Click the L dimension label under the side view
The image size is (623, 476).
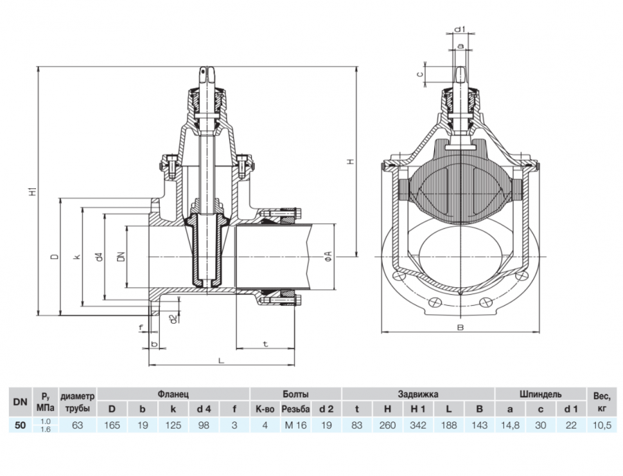pos(222,361)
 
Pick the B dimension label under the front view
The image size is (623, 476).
pos(461,328)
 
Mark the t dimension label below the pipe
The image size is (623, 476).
pos(265,344)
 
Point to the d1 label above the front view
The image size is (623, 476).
pos(460,29)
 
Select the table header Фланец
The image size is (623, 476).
pos(173,394)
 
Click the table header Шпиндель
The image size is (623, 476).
pos(540,394)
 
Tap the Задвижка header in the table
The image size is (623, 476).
pos(418,394)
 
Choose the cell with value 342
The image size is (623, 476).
pos(418,425)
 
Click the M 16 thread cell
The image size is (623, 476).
pos(295,425)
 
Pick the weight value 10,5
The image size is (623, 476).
pos(602,425)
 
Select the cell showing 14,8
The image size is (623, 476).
pos(510,425)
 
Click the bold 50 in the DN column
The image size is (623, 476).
pos(21,425)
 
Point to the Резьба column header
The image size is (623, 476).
pos(295,409)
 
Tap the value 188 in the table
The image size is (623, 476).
pos(448,425)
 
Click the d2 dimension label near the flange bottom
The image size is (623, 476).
pos(172,318)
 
